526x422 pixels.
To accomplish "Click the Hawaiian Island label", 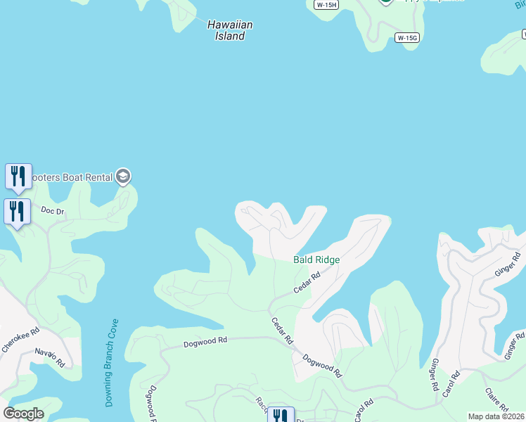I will click(x=230, y=30).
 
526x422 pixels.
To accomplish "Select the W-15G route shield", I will click(x=407, y=38).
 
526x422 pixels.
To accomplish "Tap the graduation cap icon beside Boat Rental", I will click(x=123, y=176).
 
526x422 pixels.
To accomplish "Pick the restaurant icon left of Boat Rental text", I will click(x=18, y=176).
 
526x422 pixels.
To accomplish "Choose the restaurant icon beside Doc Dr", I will click(x=17, y=211).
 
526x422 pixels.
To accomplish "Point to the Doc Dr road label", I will click(x=53, y=210).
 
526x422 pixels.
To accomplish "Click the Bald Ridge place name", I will click(x=316, y=260).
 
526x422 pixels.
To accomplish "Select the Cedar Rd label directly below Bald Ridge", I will click(x=307, y=283).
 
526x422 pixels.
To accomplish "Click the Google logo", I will click(x=23, y=414).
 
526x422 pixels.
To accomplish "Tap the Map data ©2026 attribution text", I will click(x=496, y=416).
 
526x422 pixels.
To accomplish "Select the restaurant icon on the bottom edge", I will click(x=281, y=416).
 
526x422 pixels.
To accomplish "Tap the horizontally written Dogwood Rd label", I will click(x=205, y=340).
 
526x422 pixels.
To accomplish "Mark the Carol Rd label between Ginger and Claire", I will click(x=451, y=383).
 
